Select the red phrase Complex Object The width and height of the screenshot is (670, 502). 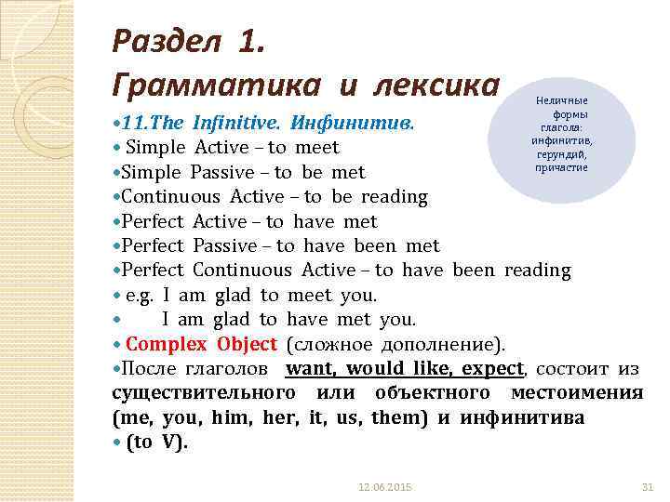pos(201,344)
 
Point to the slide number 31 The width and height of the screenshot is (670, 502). pos(649,487)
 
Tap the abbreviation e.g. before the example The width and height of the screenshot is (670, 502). pos(140,295)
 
